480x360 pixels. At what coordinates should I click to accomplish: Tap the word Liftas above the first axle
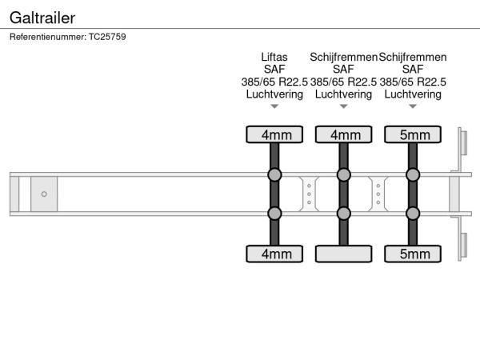pyautogui.click(x=274, y=58)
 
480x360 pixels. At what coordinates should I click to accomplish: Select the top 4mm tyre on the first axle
pyautogui.click(x=274, y=134)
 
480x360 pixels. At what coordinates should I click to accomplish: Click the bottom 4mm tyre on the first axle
pyautogui.click(x=274, y=254)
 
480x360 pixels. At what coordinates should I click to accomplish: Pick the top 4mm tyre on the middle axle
pyautogui.click(x=344, y=134)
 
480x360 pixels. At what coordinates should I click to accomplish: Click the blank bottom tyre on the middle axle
pyautogui.click(x=344, y=254)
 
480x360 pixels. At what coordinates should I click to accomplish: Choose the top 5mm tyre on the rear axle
pyautogui.click(x=414, y=134)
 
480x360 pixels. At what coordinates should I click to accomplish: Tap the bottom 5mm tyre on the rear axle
pyautogui.click(x=414, y=254)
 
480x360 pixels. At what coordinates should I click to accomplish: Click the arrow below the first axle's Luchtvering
pyautogui.click(x=274, y=106)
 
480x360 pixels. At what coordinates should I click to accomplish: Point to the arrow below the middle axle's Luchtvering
pyautogui.click(x=344, y=106)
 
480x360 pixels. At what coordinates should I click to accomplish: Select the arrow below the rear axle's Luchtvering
pyautogui.click(x=414, y=106)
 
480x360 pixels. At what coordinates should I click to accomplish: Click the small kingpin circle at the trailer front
pyautogui.click(x=44, y=194)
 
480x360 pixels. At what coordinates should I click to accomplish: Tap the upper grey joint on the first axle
pyautogui.click(x=274, y=175)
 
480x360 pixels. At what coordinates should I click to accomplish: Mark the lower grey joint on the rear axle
pyautogui.click(x=414, y=213)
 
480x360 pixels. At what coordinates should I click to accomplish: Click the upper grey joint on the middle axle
pyautogui.click(x=344, y=175)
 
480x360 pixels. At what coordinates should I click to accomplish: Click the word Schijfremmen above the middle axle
pyautogui.click(x=344, y=58)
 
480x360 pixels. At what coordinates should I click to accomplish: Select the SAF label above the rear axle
pyautogui.click(x=414, y=70)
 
